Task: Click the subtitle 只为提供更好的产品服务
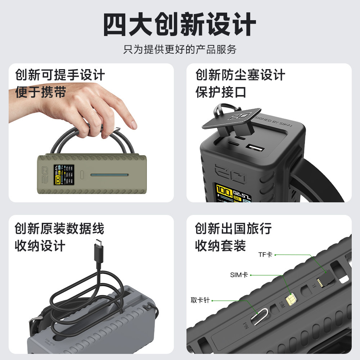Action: pos(180,49)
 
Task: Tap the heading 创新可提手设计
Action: pos(60,75)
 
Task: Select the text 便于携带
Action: pos(41,92)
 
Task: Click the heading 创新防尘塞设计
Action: pos(240,75)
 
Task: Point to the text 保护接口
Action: pos(221,92)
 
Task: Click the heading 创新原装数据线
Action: pos(59,229)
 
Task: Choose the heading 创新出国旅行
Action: pos(233,229)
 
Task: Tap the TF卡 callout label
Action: pos(265,255)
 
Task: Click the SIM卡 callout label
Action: pos(239,275)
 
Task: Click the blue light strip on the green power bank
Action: pos(109,175)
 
